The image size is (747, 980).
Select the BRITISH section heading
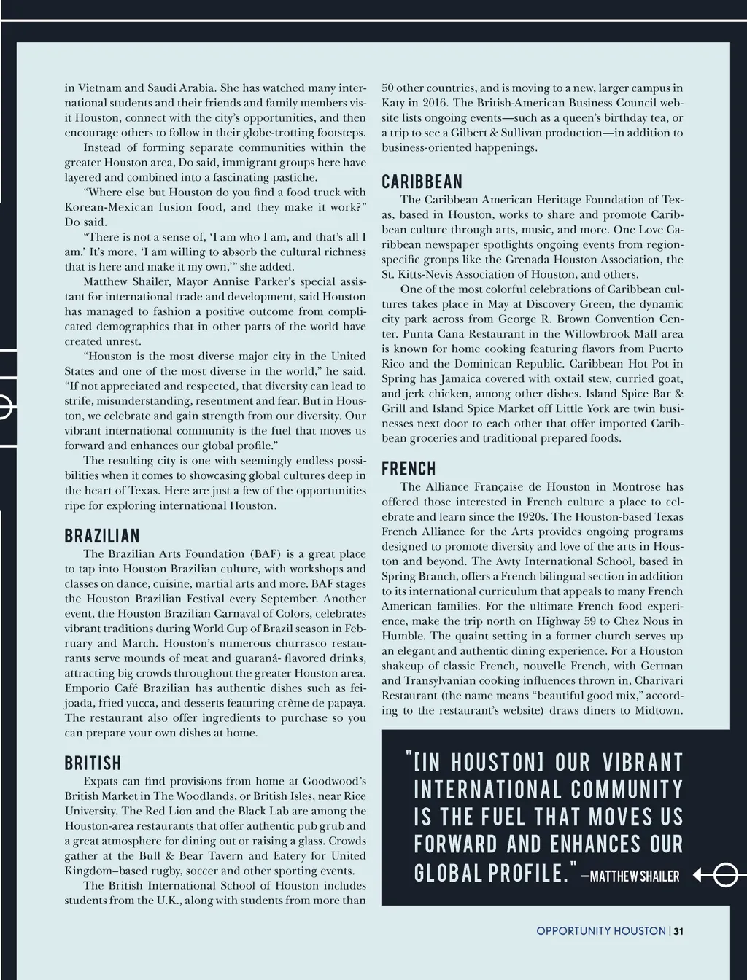tap(93, 763)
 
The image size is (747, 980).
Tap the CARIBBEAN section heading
tap(422, 182)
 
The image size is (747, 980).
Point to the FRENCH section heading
tap(409, 469)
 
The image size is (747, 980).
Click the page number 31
tap(678, 930)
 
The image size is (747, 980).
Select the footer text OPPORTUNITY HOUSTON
tap(600, 930)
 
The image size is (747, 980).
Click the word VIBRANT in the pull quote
tap(643, 763)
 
